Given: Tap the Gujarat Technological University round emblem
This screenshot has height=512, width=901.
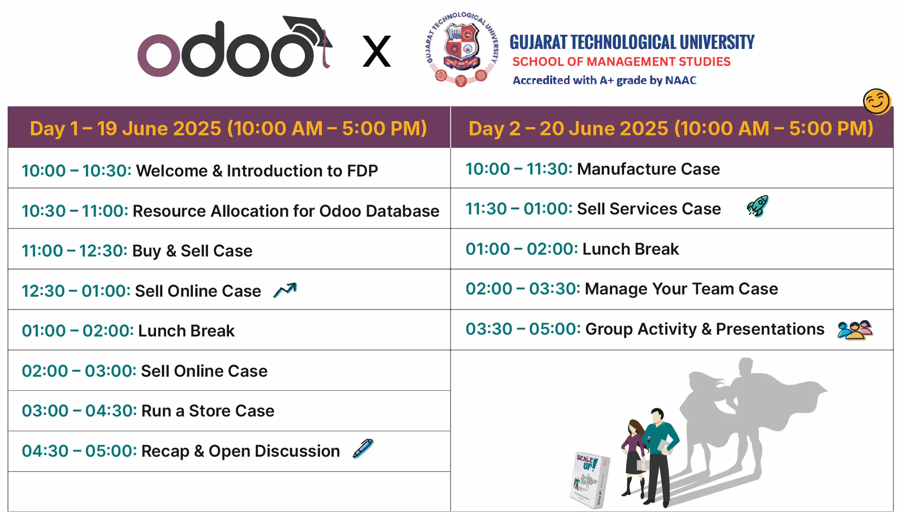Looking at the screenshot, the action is click(461, 49).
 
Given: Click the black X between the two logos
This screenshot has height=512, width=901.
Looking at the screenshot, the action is click(377, 51).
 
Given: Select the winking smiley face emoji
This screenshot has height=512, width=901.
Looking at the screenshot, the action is click(877, 101).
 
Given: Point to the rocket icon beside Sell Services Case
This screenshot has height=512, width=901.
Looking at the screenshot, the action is click(757, 206).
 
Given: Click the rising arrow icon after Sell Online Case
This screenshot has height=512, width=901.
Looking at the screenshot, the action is click(285, 290).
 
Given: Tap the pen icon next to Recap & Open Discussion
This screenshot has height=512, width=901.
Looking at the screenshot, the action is click(363, 449).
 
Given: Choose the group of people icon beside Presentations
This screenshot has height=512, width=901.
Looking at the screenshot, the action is click(855, 330).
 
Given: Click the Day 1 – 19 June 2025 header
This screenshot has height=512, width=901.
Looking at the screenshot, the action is click(229, 128).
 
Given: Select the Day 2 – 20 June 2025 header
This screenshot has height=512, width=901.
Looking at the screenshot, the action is click(671, 128).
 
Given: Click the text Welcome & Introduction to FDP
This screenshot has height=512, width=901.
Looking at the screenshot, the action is click(257, 171).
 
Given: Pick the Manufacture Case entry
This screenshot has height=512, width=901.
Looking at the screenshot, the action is click(648, 169).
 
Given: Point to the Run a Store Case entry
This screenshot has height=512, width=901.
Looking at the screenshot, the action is click(208, 411).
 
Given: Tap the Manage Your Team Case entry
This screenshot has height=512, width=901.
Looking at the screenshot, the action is click(681, 289).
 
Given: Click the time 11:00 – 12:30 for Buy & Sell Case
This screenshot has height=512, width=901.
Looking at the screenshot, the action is click(75, 251).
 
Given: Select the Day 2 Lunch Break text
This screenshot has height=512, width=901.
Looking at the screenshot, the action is click(630, 249).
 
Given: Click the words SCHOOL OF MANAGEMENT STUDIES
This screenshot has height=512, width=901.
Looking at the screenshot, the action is click(621, 61).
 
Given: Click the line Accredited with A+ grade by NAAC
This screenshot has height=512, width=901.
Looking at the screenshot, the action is click(604, 80).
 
